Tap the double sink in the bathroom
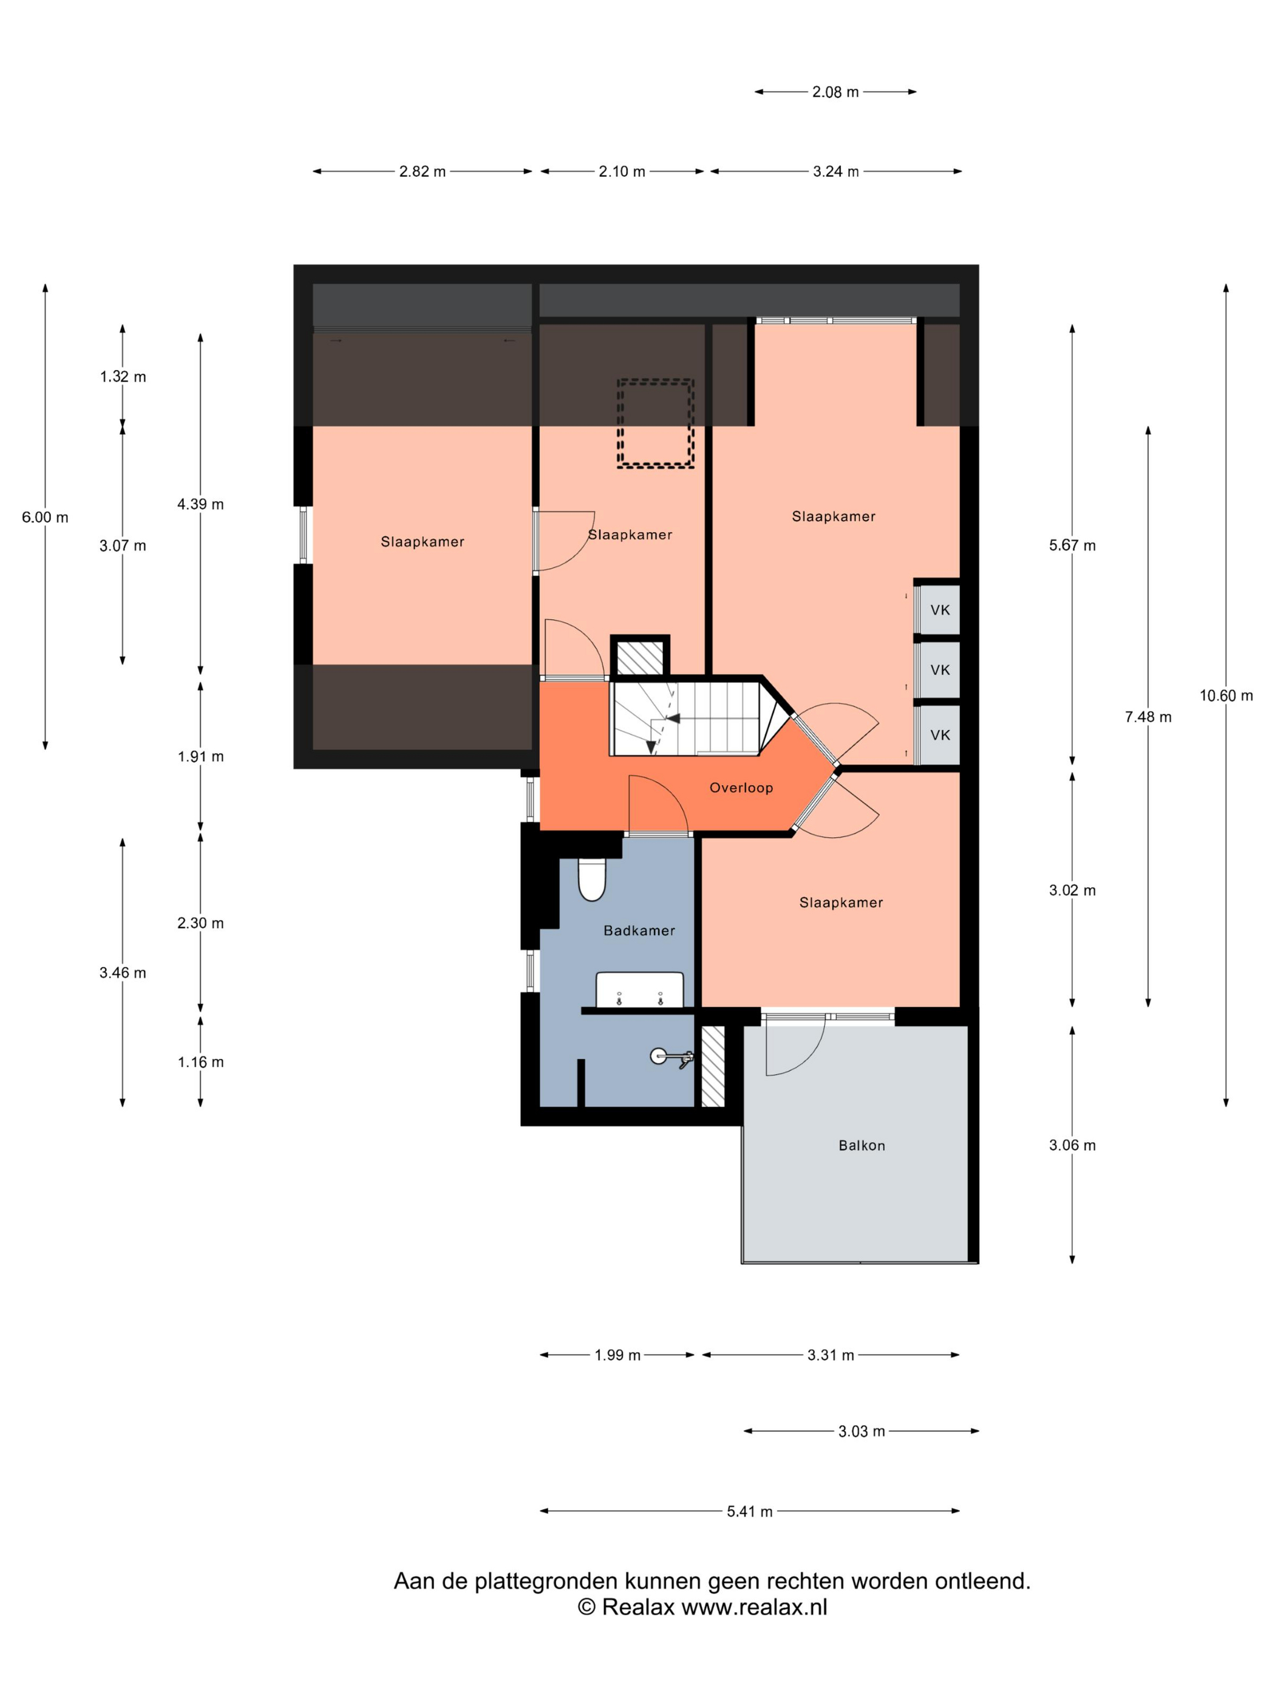[x=639, y=989]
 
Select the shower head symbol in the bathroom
[x=670, y=1058]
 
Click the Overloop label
[x=741, y=787]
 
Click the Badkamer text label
[x=639, y=931]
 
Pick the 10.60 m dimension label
[x=1226, y=696]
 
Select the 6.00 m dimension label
[x=46, y=518]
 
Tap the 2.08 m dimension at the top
[x=835, y=92]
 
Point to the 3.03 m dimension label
[x=862, y=1432]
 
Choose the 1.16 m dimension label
[x=200, y=1062]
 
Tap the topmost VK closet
[x=939, y=610]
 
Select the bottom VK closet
[x=939, y=735]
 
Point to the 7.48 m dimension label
[x=1148, y=717]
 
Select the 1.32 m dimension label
[x=123, y=377]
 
